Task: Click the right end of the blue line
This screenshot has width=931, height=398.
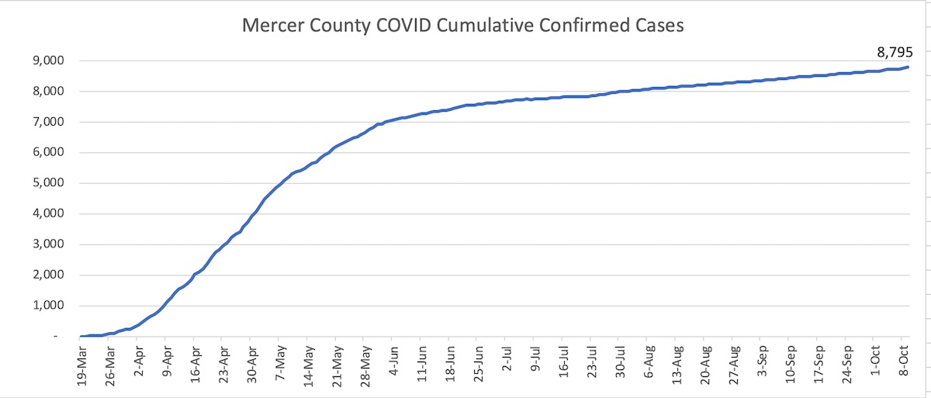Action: tap(909, 67)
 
